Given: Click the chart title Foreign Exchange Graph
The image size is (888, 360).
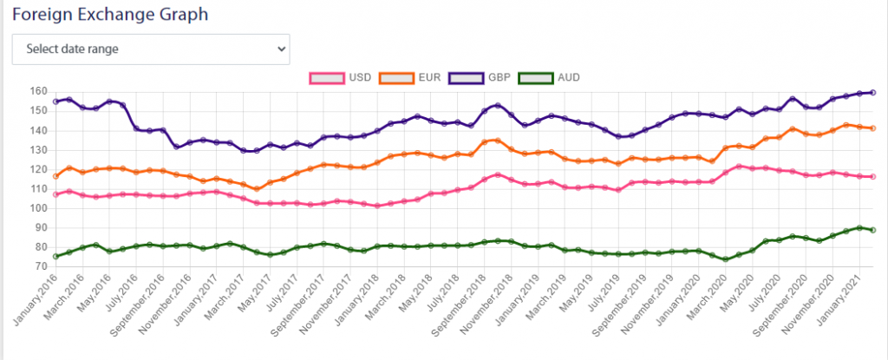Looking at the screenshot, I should click(x=111, y=15).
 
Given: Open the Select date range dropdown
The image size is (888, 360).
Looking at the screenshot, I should click(x=150, y=49).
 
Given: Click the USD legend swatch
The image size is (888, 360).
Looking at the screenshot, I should click(x=325, y=77).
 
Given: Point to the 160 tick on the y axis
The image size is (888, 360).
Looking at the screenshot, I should click(x=36, y=91).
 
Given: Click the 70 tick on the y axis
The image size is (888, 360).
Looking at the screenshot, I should click(x=39, y=266).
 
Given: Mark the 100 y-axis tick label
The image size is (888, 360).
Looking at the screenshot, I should click(x=36, y=208).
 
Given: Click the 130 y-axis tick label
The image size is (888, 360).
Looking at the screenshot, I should click(x=36, y=150).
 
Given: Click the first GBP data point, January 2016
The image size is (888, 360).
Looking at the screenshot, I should click(x=55, y=101).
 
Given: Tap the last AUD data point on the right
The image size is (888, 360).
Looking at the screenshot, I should click(x=872, y=230).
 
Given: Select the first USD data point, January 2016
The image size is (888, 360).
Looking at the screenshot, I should click(x=55, y=194).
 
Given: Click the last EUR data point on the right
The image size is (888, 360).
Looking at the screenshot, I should click(x=872, y=128).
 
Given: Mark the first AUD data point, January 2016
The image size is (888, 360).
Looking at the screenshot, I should click(x=55, y=256).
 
